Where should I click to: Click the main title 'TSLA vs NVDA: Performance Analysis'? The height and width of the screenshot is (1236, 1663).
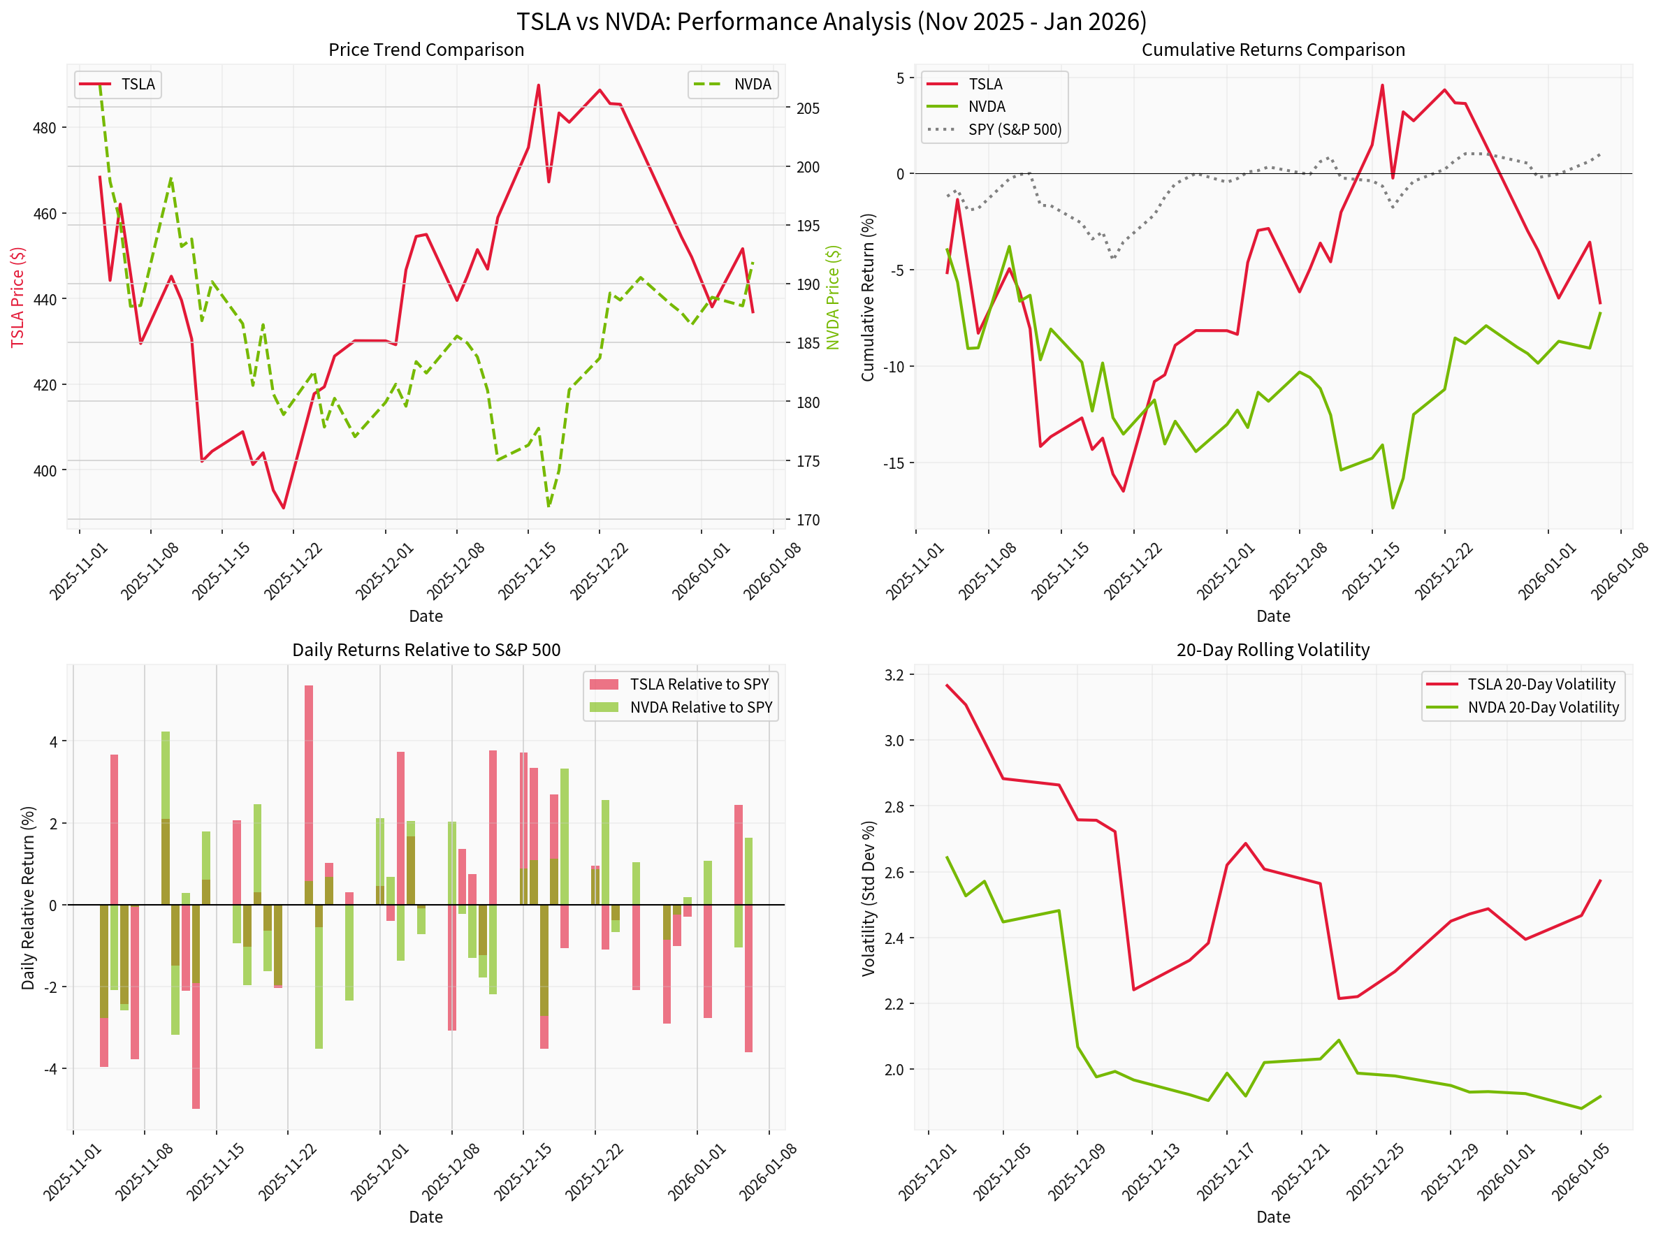(x=830, y=21)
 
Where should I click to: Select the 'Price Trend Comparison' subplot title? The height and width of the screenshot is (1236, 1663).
(x=426, y=50)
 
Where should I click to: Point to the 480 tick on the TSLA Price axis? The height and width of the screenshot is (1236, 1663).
(x=44, y=128)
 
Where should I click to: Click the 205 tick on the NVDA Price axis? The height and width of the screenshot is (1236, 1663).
(x=807, y=108)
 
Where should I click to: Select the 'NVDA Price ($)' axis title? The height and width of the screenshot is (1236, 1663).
(x=833, y=297)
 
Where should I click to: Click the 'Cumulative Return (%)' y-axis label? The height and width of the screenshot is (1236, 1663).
(x=867, y=297)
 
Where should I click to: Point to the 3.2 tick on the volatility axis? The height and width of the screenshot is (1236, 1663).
(x=893, y=675)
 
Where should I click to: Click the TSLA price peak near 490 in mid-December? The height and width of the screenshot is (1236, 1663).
(x=539, y=86)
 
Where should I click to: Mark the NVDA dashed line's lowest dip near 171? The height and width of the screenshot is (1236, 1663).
(x=549, y=506)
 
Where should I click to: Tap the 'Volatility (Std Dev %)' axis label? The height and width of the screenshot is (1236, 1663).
(x=868, y=898)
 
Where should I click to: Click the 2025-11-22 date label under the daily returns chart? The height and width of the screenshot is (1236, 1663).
(x=288, y=1174)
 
